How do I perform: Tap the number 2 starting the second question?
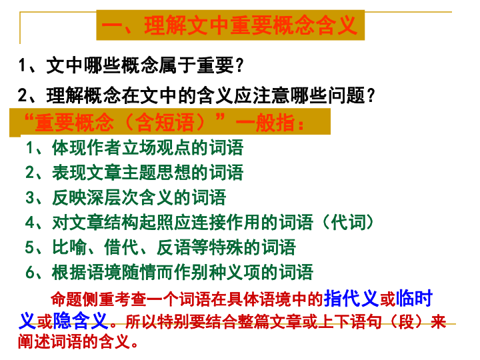(24, 96)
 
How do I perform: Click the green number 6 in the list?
(30, 272)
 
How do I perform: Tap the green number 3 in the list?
(30, 197)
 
